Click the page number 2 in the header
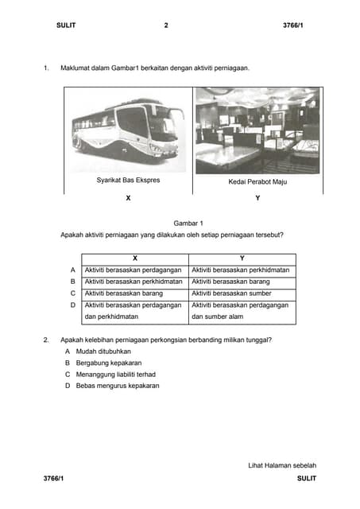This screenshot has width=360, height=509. [x=166, y=26]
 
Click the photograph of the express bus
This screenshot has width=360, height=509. [x=127, y=130]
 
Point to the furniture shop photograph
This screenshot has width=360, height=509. [x=257, y=130]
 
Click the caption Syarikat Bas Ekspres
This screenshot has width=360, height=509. [x=128, y=181]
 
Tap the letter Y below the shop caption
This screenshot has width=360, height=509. [x=257, y=198]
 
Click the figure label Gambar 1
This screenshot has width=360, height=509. [x=188, y=223]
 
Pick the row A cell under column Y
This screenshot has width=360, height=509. [x=241, y=270]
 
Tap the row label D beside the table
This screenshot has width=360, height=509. [x=72, y=305]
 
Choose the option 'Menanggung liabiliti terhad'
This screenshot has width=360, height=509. [x=116, y=374]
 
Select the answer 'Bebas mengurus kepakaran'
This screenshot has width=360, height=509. [x=118, y=386]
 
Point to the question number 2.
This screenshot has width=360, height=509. [x=46, y=340]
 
